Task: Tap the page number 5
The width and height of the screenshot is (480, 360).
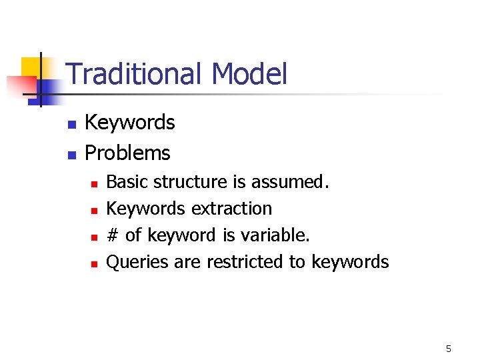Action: [449, 349]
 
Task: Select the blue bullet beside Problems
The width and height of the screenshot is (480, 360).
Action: [72, 155]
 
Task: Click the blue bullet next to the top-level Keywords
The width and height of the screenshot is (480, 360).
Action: [72, 124]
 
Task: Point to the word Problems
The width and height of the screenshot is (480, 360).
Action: [128, 153]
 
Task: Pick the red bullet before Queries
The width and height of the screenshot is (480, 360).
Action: [95, 263]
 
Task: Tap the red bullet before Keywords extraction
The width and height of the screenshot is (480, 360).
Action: [95, 210]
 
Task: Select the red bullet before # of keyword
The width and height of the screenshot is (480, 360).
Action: [95, 237]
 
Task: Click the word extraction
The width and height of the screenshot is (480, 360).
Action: [231, 209]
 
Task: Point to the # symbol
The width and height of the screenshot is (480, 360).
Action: [113, 235]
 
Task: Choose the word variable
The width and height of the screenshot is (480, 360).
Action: [277, 235]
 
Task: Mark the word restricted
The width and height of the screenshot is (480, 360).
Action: [245, 262]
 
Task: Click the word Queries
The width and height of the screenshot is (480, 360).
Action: [137, 262]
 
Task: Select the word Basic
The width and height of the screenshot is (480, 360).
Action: [128, 182]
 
